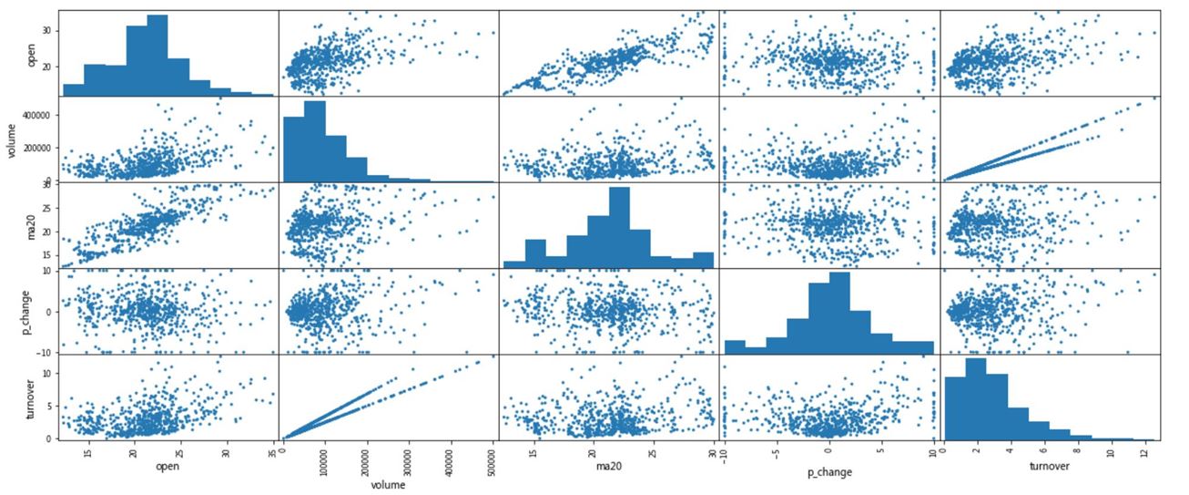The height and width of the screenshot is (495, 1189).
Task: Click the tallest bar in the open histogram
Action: [x=157, y=55]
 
